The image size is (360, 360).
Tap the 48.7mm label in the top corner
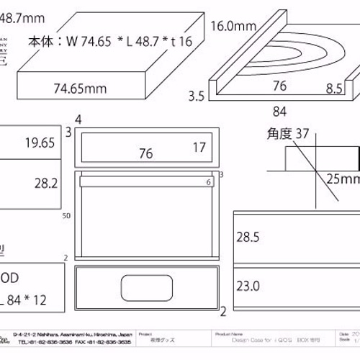coord(22,14)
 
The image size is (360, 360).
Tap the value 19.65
coord(39,143)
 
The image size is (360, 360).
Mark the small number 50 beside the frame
coord(66,215)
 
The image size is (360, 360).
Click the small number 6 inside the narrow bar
coord(208,183)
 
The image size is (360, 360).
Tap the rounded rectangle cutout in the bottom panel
coord(148,287)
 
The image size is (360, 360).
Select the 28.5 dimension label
coord(248,236)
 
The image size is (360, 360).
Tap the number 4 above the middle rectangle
coord(78,119)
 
